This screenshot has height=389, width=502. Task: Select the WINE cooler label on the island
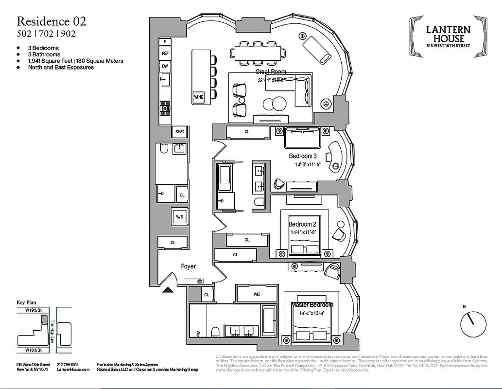[x=199, y=97]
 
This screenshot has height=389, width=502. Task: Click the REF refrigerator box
[x=165, y=53]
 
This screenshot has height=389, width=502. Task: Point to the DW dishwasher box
[x=165, y=66]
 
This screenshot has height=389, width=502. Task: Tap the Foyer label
[x=188, y=266]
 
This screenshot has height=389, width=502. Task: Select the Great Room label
[x=271, y=71]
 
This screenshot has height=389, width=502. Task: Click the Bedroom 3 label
[x=303, y=156]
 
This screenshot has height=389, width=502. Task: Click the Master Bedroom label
[x=312, y=305]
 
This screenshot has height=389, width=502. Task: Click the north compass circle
[x=473, y=324]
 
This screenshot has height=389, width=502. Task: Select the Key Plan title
[x=27, y=302]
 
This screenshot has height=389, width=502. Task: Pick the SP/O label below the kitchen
[x=180, y=132]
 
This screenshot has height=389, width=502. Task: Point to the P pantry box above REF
[x=165, y=42]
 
